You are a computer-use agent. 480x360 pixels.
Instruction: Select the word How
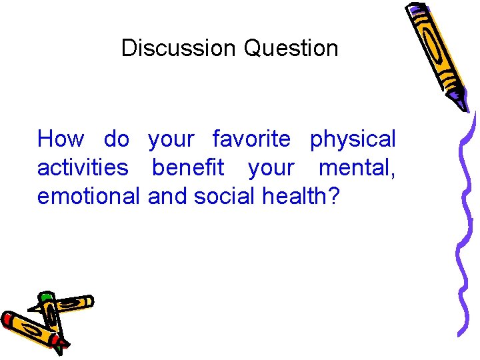click(x=61, y=139)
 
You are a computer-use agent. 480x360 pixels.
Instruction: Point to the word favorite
click(x=251, y=139)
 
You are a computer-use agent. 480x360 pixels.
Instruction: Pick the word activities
click(x=83, y=167)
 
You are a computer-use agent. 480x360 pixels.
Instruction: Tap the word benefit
click(x=188, y=167)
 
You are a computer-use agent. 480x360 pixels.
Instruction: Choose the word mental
click(x=356, y=167)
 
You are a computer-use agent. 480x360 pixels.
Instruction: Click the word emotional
click(x=89, y=196)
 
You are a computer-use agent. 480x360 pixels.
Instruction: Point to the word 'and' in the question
click(x=168, y=196)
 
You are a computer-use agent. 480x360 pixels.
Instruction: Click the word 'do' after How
click(x=117, y=139)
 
